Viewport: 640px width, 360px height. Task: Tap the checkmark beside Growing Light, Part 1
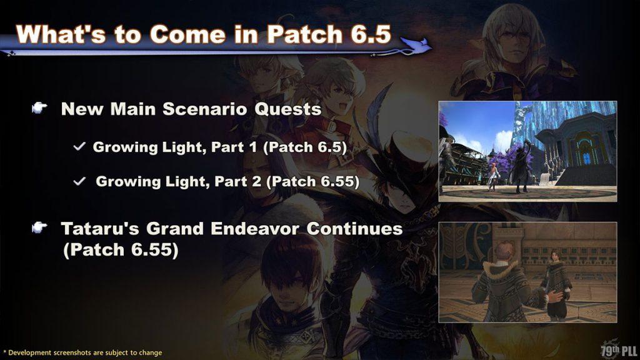(79, 147)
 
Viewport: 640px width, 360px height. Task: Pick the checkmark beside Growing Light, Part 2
(79, 182)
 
